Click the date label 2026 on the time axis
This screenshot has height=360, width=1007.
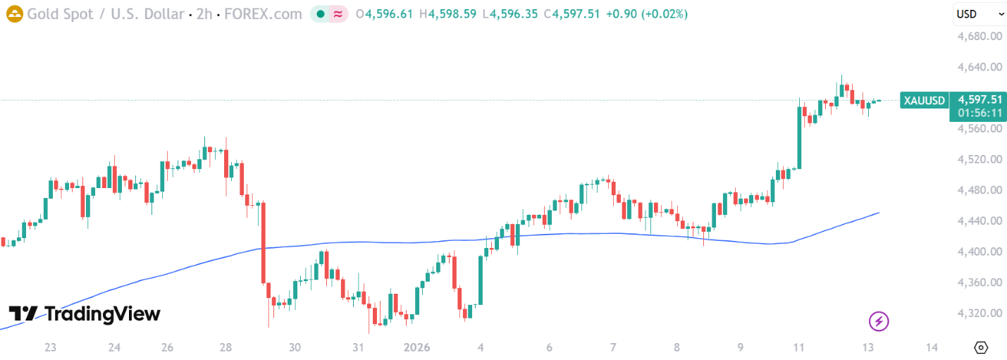[x=416, y=347]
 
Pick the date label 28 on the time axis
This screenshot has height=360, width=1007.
[x=226, y=347]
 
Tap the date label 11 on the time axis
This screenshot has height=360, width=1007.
[x=798, y=347]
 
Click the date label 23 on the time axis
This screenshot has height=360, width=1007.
[x=50, y=347]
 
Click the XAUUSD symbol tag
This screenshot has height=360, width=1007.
[x=925, y=100]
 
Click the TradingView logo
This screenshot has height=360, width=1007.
[x=85, y=314]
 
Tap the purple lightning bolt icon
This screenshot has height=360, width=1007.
[x=879, y=322]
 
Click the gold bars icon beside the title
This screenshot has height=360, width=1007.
[x=14, y=13]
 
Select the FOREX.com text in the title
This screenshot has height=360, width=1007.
[x=263, y=13]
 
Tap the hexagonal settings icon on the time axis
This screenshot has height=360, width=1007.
[x=981, y=347]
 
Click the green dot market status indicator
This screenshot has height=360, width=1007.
[x=321, y=13]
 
